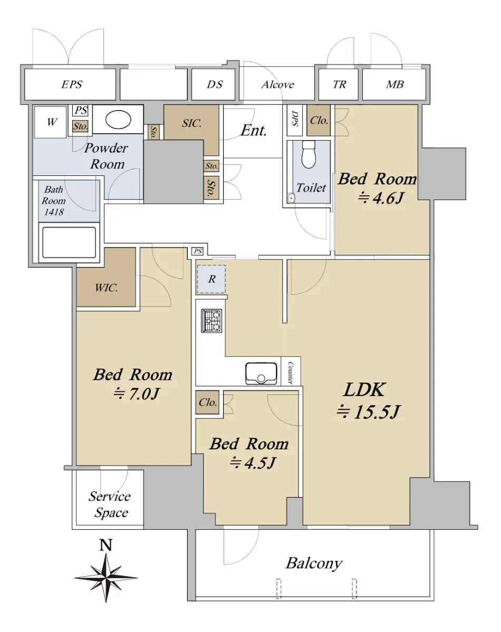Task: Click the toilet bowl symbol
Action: (x=309, y=155)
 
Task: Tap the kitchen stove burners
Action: (x=211, y=321)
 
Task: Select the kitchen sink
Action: (x=261, y=373)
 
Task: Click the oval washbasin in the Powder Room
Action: (x=118, y=120)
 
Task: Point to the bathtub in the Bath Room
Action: (x=69, y=243)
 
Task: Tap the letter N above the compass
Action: (x=106, y=545)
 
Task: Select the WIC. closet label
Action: (x=106, y=288)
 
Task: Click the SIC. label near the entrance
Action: (x=191, y=123)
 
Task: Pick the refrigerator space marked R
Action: (x=211, y=279)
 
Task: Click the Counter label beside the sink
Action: (x=291, y=373)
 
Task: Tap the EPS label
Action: (x=72, y=85)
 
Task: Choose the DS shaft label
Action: (x=215, y=85)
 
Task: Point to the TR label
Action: (x=340, y=85)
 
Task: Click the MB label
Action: (x=395, y=85)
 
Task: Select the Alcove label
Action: (x=278, y=85)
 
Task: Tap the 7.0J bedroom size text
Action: (x=137, y=393)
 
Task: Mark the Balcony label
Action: (x=314, y=564)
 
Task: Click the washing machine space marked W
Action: (x=52, y=122)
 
